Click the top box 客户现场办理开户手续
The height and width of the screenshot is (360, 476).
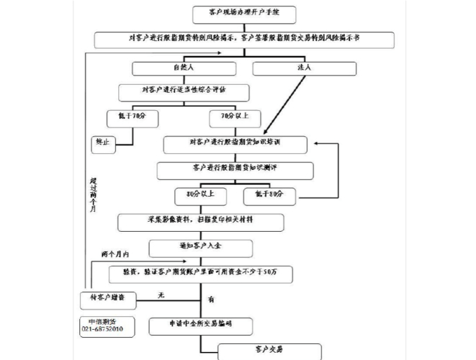243,14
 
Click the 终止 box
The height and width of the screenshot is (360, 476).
102,143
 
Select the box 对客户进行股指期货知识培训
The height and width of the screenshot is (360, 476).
235,144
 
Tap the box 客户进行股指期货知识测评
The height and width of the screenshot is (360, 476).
235,170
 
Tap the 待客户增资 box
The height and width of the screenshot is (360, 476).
107,297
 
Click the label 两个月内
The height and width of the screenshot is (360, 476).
115,255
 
